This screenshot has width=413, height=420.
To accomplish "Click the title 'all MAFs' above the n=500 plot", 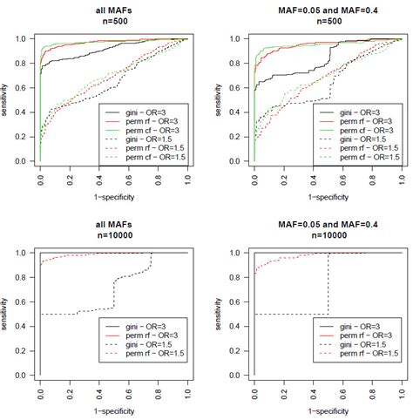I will [115, 10].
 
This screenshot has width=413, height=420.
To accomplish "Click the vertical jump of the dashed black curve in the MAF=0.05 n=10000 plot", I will [328, 283].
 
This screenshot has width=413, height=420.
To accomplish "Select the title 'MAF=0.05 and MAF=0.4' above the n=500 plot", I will [327, 10].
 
